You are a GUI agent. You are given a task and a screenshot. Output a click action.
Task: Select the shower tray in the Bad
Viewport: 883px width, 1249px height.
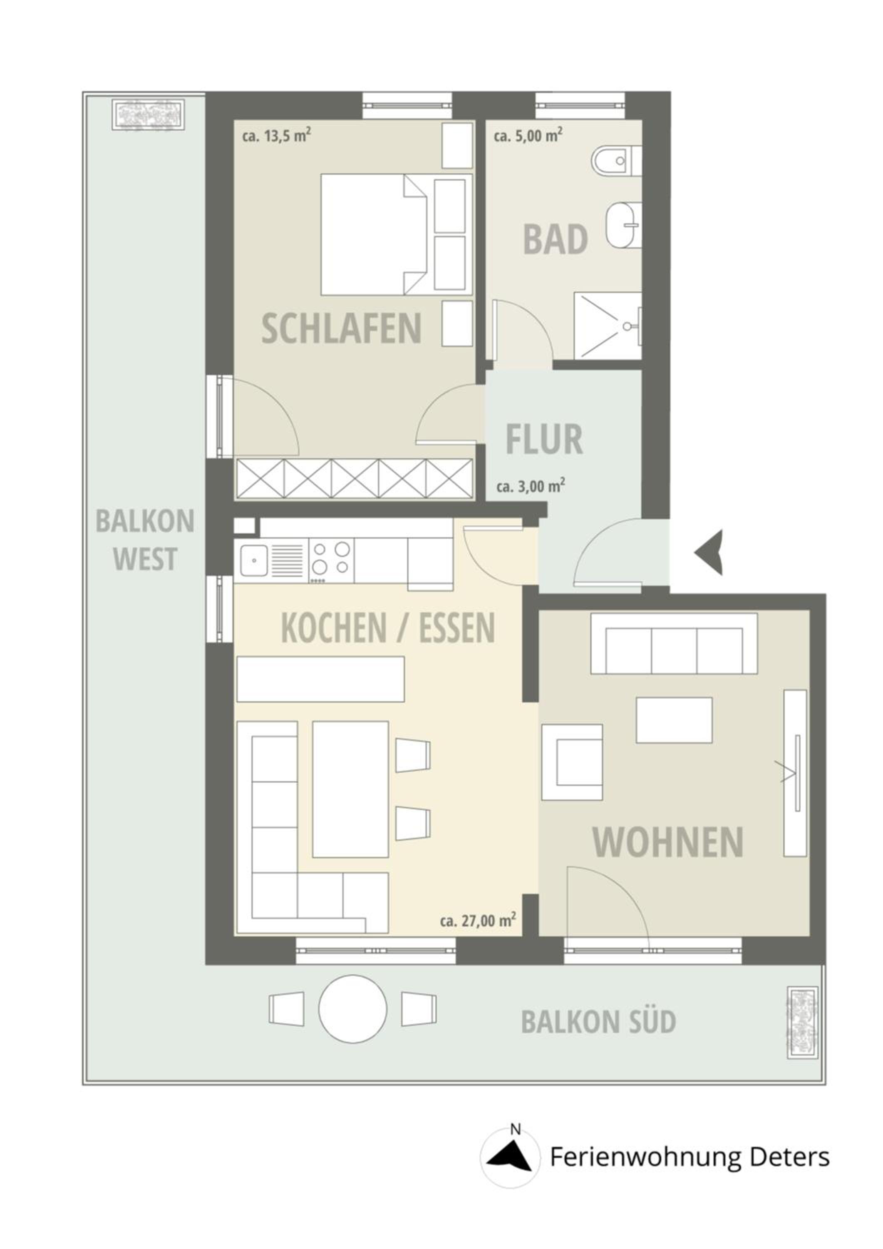coord(608,326)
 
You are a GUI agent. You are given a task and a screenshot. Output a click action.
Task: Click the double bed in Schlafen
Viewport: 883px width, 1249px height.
coord(396,234)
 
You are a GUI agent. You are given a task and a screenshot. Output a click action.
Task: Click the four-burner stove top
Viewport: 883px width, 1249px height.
coord(331,560)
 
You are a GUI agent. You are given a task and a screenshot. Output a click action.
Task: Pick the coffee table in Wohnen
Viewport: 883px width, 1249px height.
coord(674,720)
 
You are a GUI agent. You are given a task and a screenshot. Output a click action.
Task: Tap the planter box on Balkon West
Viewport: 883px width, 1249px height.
coord(150,115)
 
